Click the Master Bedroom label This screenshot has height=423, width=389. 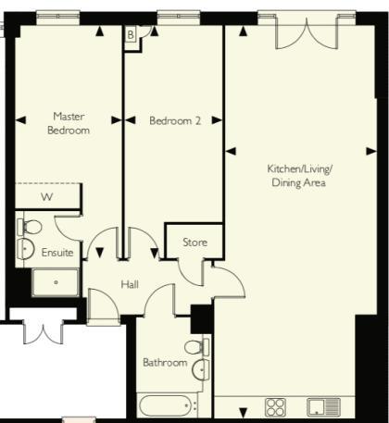point(69,124)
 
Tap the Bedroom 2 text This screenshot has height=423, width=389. point(175,119)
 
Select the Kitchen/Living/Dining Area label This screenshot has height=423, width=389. point(298,176)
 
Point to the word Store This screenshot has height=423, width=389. point(194,243)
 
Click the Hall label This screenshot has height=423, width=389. point(130,284)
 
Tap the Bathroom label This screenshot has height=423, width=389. point(165,363)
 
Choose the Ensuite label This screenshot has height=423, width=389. point(56,252)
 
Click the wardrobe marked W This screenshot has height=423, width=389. point(47,196)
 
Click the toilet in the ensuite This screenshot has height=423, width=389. point(28,226)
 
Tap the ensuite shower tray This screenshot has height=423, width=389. point(56,281)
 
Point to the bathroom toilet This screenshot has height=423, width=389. point(195,348)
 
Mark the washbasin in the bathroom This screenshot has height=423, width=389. point(200,370)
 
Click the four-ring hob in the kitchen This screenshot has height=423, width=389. point(276,407)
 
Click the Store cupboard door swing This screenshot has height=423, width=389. point(196,270)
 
